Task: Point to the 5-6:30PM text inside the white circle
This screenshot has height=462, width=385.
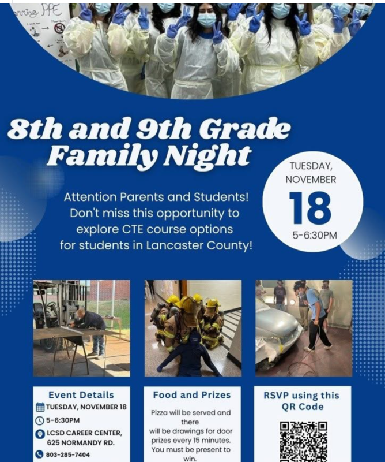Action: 313,235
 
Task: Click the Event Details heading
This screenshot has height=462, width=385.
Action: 81,395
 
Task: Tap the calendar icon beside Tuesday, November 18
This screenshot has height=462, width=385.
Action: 40,407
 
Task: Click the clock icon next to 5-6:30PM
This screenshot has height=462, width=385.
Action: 40,420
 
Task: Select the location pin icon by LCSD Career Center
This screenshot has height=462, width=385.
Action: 40,434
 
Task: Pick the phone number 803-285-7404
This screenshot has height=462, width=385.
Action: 68,454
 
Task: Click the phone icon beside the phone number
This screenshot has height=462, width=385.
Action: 40,454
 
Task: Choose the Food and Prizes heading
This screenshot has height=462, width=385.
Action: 192,395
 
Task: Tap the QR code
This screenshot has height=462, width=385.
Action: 303,442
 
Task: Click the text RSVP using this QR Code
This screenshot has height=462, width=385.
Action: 303,401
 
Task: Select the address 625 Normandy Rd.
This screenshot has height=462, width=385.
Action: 81,443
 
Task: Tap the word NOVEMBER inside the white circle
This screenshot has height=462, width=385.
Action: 311,180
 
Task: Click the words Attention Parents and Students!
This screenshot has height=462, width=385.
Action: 157,197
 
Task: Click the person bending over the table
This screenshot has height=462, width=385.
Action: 92,324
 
